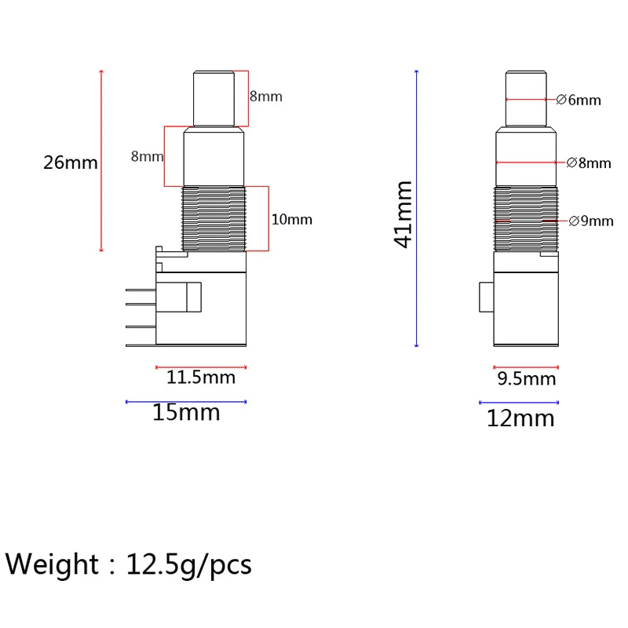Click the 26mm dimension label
click(x=71, y=162)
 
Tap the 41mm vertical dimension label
click(x=403, y=214)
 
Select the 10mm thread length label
click(x=292, y=220)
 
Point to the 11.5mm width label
click(x=201, y=378)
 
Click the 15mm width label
click(x=186, y=412)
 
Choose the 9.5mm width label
click(x=527, y=379)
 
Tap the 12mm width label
click(x=520, y=418)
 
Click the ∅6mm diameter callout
click(x=579, y=100)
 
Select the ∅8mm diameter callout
click(x=589, y=163)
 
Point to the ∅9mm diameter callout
click(x=591, y=221)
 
